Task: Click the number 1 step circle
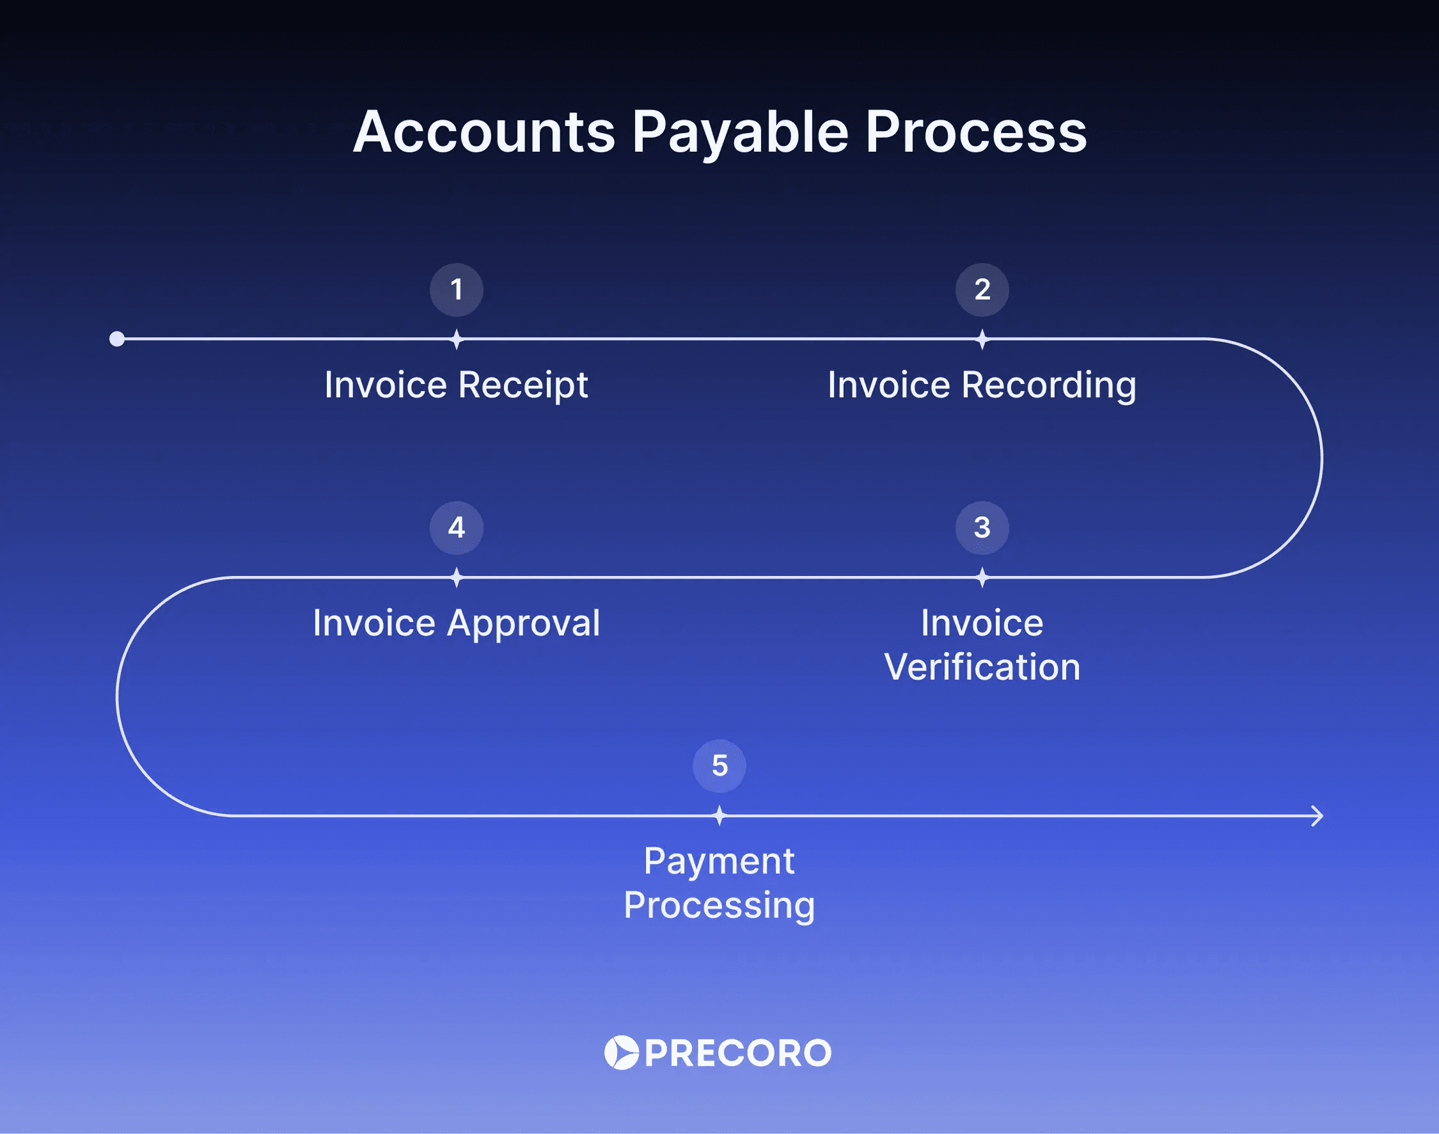coord(457,289)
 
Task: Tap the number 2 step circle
coord(982,289)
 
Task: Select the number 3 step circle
coord(982,528)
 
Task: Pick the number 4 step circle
coord(457,528)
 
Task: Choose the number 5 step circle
coord(719,765)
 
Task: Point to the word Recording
coord(1049,385)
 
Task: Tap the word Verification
coord(982,667)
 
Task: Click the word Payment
coord(719,862)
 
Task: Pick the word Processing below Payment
coord(719,906)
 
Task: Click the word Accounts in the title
coord(484,132)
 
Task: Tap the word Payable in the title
coord(740,132)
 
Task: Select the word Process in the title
coord(976,132)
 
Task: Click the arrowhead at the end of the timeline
coord(1318,815)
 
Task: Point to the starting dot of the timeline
coord(117,339)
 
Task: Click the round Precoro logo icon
coord(621,1052)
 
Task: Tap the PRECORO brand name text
coord(738,1053)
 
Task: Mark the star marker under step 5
coord(719,815)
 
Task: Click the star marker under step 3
coord(982,578)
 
